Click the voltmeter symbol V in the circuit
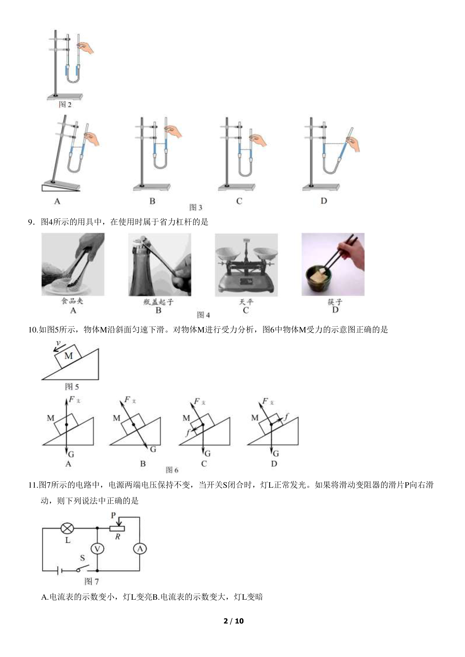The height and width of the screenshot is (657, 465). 97,549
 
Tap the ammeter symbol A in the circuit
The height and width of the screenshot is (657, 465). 140,549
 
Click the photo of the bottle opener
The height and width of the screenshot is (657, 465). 159,265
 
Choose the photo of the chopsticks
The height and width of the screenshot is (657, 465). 333,264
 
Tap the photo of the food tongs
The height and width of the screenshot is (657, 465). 73,264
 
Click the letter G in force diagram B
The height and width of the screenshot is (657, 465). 153,449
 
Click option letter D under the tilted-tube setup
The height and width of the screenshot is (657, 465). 324,201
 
